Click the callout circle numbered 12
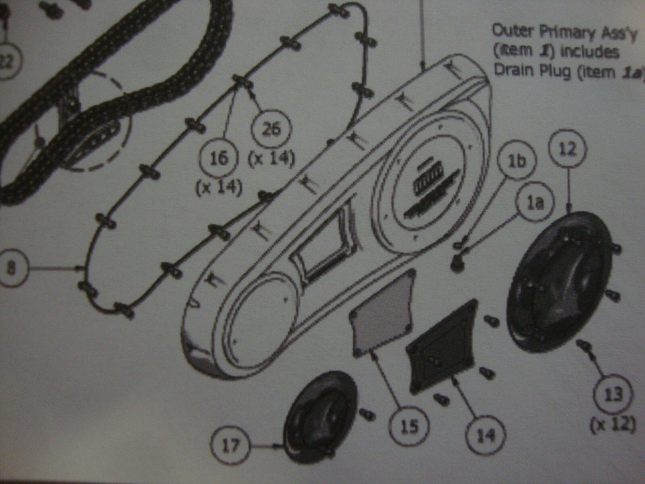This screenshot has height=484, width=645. pyautogui.click(x=568, y=149)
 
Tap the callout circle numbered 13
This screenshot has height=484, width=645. pyautogui.click(x=613, y=394)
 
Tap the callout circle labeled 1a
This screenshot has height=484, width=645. pyautogui.click(x=535, y=204)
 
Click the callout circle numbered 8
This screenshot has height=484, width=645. pyautogui.click(x=11, y=267)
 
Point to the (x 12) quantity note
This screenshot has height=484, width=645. pyautogui.click(x=613, y=425)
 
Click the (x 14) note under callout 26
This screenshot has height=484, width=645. pyautogui.click(x=271, y=159)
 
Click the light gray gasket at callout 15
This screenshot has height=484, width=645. pyautogui.click(x=383, y=312)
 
